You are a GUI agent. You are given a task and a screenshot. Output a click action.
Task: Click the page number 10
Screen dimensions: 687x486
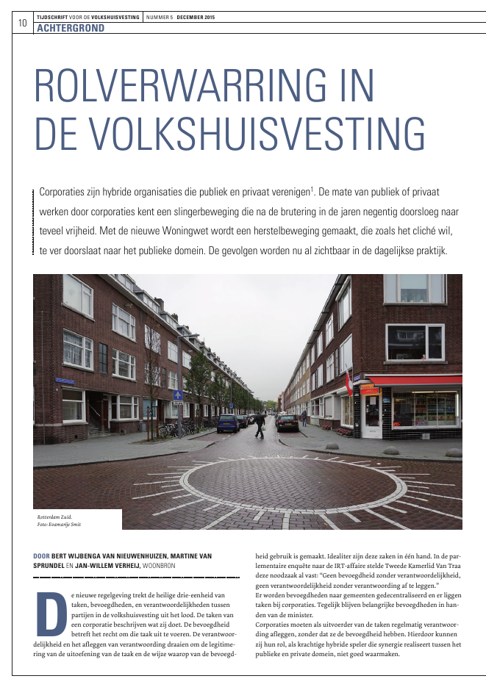pyautogui.click(x=22, y=23)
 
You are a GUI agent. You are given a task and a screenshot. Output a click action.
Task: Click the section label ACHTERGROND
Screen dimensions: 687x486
pyautogui.click(x=70, y=28)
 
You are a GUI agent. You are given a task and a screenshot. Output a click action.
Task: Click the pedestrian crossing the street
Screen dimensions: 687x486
pyautogui.click(x=259, y=424)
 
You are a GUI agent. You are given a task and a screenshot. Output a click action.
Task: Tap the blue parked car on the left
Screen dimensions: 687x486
pyautogui.click(x=228, y=422)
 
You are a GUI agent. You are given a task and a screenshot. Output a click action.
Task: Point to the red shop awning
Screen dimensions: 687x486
pyautogui.click(x=415, y=381)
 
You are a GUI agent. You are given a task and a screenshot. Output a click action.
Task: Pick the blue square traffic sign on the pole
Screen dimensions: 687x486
pyautogui.click(x=177, y=395)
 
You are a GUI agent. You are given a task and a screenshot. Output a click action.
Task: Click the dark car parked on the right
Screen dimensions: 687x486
pyautogui.click(x=287, y=422)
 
